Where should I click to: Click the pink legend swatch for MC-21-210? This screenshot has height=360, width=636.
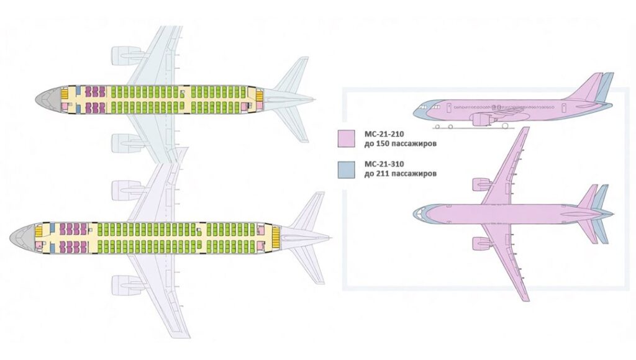(346, 138)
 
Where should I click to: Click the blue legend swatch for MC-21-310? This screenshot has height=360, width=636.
(346, 169)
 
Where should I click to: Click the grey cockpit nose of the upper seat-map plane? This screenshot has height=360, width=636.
(48, 99)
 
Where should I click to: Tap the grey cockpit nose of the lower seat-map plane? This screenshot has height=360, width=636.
(22, 238)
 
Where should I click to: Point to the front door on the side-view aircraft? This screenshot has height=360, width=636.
(449, 107)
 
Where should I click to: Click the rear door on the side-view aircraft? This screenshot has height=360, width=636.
(563, 107)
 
